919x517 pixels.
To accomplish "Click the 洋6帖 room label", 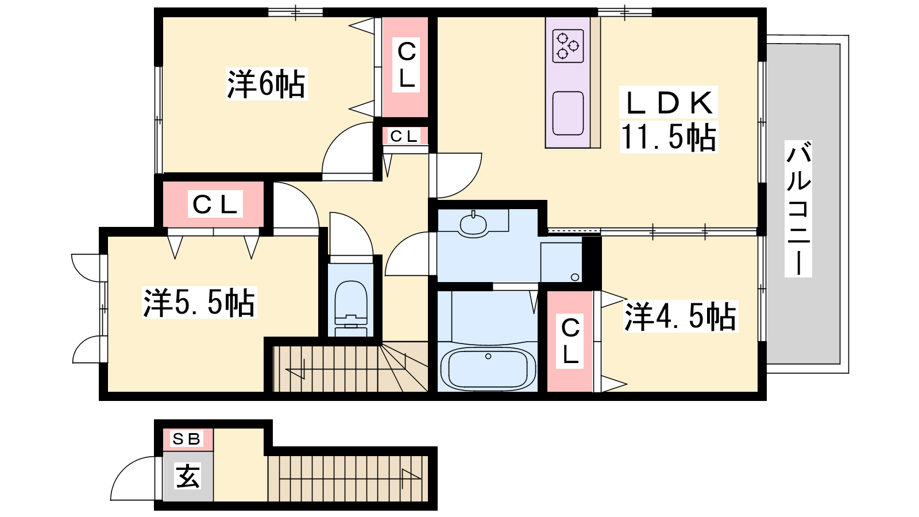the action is tap(267, 84).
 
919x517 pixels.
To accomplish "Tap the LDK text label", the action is tap(669, 103).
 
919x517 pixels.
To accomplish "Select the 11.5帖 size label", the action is tap(669, 137).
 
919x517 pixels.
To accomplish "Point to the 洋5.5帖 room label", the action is tap(199, 302).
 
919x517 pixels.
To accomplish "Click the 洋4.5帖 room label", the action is tap(680, 317).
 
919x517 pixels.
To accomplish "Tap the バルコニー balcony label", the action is tap(798, 209).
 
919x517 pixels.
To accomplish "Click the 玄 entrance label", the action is tap(188, 476).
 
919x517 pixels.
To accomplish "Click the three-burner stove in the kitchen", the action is tap(568, 46).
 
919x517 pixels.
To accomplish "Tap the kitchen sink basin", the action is tap(568, 113).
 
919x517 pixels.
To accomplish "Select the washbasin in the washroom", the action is tap(473, 224).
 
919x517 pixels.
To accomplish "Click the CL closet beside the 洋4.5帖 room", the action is tap(570, 341).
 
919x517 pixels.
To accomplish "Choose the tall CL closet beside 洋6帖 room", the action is tap(406, 67).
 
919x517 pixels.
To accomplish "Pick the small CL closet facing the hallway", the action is tap(404, 136).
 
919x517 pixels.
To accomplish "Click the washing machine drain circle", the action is tap(575, 277).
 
